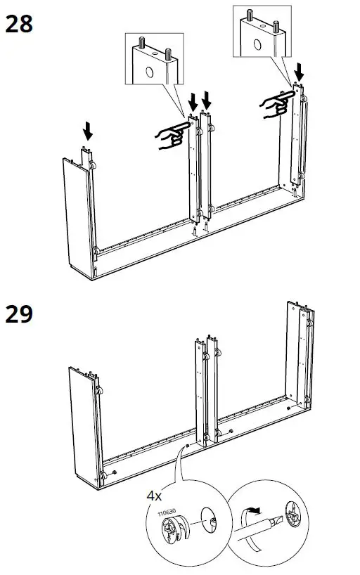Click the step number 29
[x=19, y=314]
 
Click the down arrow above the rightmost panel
[x=300, y=71]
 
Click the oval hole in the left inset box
[x=150, y=72]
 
